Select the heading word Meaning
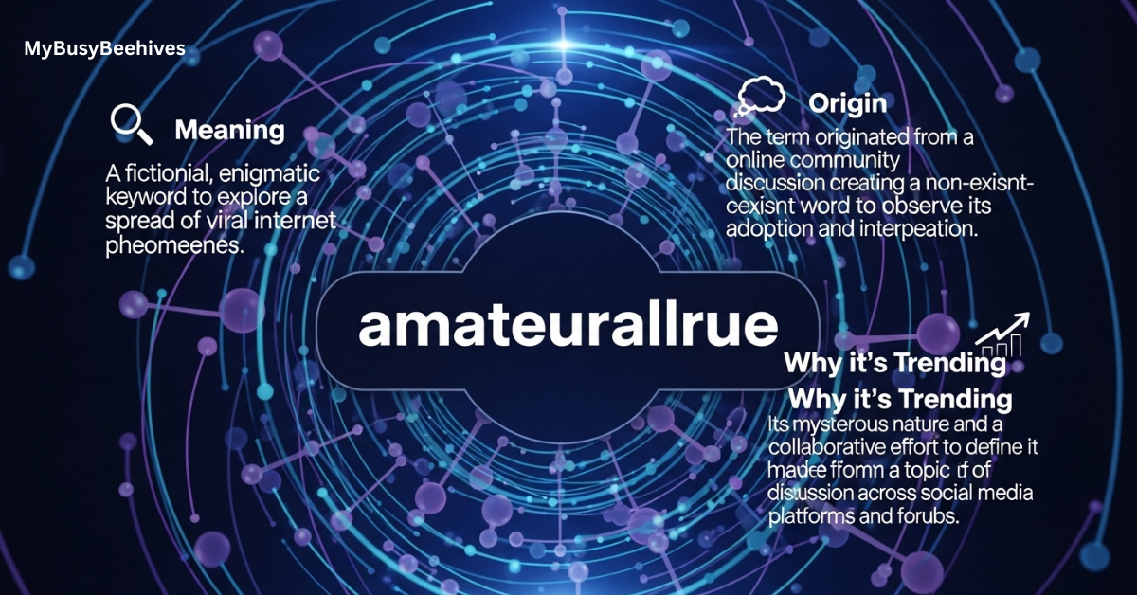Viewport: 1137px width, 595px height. (229, 130)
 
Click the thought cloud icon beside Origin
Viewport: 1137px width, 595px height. (762, 97)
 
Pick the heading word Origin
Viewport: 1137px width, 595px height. (847, 102)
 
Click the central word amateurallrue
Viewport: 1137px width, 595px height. (568, 327)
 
